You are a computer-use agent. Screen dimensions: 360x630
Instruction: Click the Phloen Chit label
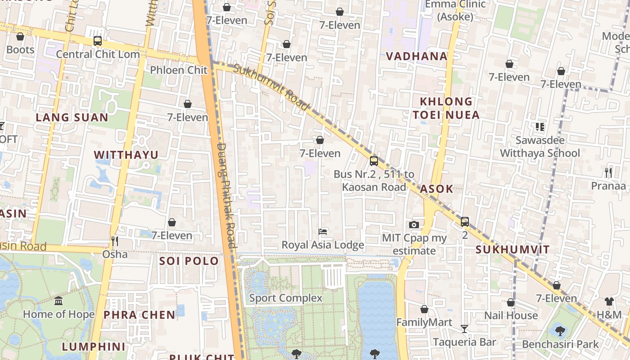click(179, 70)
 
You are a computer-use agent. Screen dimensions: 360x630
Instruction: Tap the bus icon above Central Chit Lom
click(98, 41)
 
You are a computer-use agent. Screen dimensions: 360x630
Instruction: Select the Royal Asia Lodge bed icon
click(323, 232)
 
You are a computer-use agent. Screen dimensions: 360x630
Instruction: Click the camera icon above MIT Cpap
click(414, 225)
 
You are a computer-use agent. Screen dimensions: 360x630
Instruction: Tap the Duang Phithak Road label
click(226, 195)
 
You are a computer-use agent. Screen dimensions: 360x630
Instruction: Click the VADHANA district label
click(417, 56)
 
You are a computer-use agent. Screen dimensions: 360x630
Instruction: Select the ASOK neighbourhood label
click(436, 189)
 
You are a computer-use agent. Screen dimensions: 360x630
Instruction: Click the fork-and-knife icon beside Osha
click(115, 242)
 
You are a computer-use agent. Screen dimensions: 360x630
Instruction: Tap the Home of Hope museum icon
click(58, 301)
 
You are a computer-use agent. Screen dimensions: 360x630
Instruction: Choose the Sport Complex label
click(286, 298)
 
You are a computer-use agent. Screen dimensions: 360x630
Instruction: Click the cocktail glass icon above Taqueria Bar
click(464, 329)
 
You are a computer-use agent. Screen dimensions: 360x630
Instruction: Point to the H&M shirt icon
click(609, 301)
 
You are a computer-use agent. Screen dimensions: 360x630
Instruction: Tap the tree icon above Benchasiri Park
click(560, 331)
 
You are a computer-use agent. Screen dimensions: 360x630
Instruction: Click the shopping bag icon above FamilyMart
click(424, 309)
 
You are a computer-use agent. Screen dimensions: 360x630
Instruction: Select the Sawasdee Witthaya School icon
click(540, 127)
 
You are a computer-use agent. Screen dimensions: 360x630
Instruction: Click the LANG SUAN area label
click(72, 117)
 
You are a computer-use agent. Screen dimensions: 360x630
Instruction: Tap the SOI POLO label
click(189, 261)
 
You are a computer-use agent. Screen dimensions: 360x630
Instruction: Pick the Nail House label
click(511, 315)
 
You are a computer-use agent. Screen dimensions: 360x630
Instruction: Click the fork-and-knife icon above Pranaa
click(608, 172)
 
